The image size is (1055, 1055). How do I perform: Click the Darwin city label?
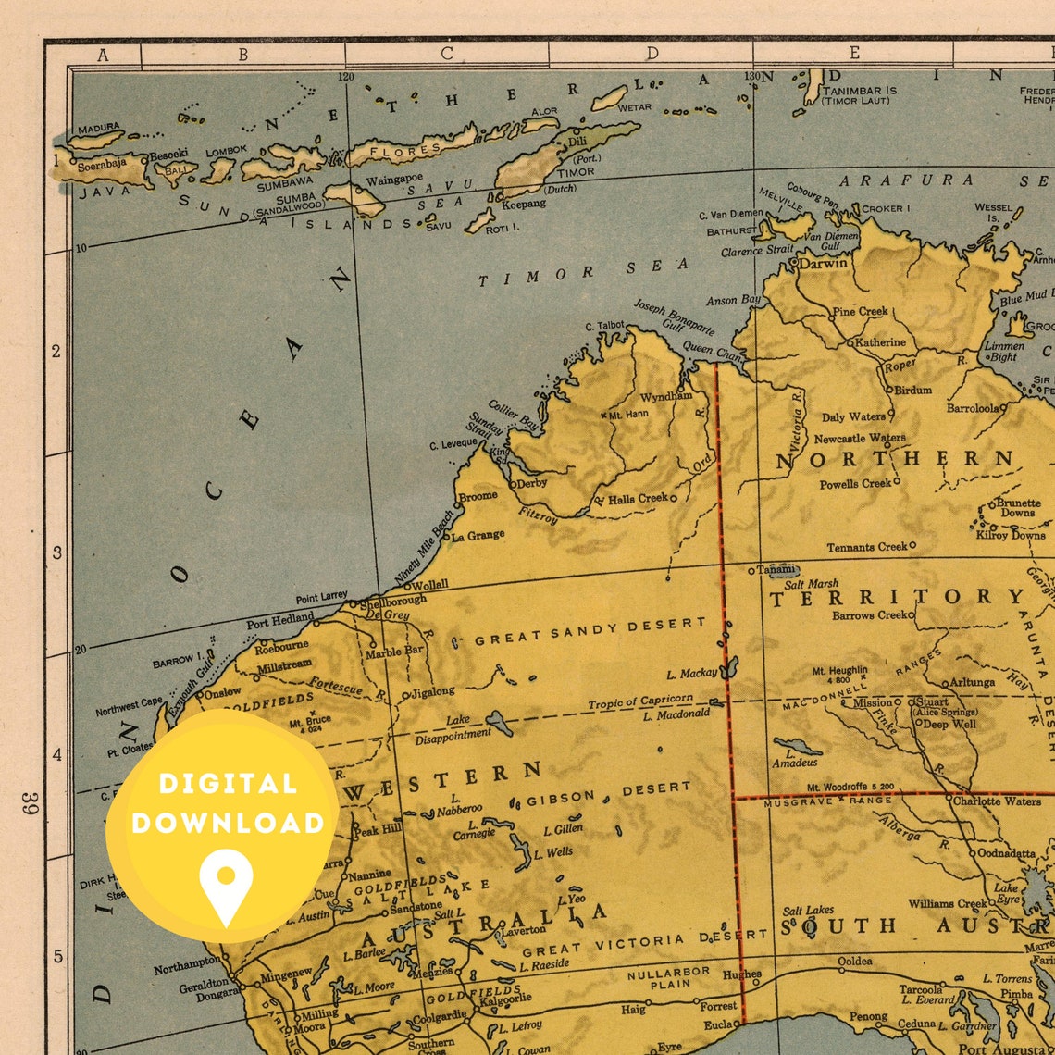click(824, 263)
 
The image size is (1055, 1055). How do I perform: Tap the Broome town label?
click(478, 496)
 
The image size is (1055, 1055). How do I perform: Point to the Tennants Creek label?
click(866, 547)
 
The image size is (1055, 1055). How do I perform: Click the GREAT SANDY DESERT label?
click(590, 632)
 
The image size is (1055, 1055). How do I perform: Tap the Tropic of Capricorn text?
click(640, 701)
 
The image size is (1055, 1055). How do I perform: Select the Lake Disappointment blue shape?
click(499, 723)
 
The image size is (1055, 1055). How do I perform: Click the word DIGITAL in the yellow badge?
click(227, 783)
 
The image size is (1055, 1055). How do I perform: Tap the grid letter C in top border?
click(446, 54)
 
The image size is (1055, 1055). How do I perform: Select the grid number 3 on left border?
click(57, 552)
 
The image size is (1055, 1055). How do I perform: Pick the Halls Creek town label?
click(638, 498)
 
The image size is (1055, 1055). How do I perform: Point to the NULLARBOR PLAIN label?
click(668, 979)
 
